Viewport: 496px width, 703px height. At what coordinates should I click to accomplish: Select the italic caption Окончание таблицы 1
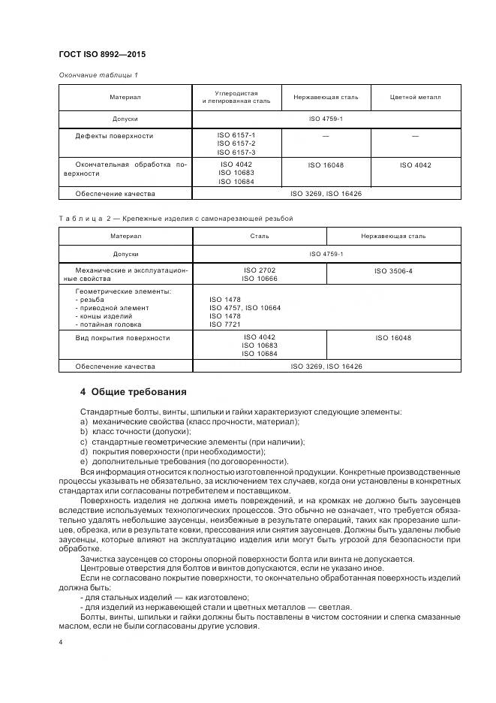click(98, 75)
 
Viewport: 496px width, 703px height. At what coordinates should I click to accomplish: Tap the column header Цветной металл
click(415, 98)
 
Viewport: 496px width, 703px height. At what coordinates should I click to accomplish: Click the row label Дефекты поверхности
click(114, 136)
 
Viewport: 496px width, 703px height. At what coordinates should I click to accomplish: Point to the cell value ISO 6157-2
click(236, 143)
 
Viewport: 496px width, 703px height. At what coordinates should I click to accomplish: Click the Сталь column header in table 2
click(259, 236)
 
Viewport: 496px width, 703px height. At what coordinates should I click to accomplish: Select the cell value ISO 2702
click(259, 269)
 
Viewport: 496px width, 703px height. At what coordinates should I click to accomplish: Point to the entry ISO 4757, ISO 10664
click(245, 307)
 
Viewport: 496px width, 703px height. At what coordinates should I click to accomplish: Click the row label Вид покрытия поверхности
click(122, 338)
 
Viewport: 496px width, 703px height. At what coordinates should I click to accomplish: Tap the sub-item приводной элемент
click(112, 307)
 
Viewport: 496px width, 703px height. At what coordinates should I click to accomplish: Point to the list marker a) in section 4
click(83, 421)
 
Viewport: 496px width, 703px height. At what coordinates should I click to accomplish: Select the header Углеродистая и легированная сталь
click(236, 98)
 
